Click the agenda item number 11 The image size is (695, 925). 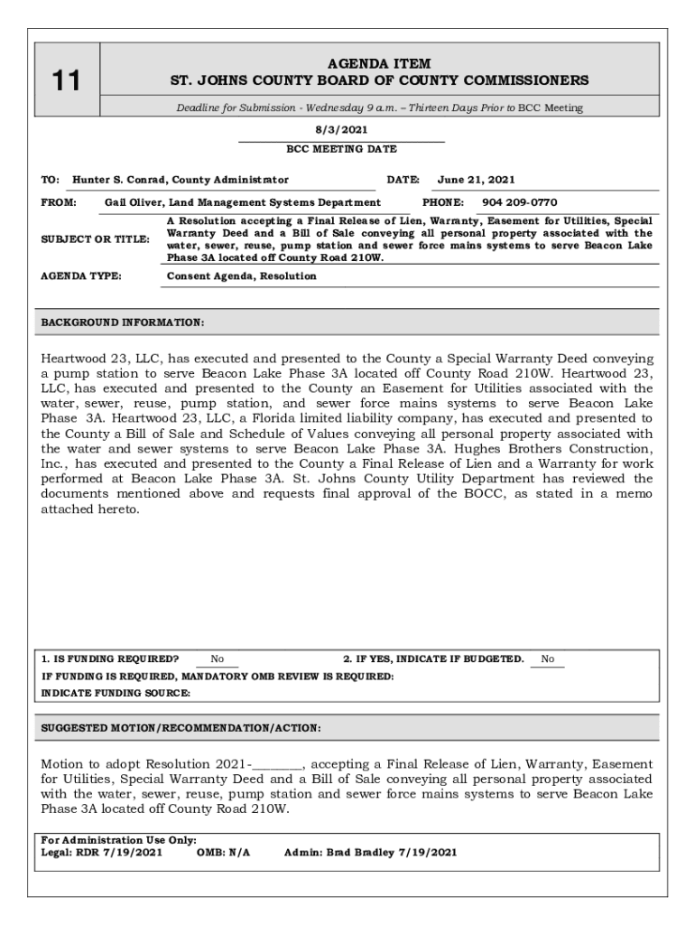click(65, 81)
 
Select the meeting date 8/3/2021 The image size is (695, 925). click(341, 130)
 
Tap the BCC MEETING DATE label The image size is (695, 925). click(341, 149)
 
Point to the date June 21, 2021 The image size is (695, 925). click(476, 180)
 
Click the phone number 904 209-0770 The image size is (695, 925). click(519, 202)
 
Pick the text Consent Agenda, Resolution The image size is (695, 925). click(242, 276)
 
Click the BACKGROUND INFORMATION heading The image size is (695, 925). click(123, 322)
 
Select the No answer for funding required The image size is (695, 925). click(218, 659)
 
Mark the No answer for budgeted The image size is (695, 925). click(548, 659)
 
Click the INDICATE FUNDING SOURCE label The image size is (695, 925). click(116, 693)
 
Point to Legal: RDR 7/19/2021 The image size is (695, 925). click(102, 852)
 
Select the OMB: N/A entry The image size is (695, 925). click(223, 852)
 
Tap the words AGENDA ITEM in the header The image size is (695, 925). click(379, 63)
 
